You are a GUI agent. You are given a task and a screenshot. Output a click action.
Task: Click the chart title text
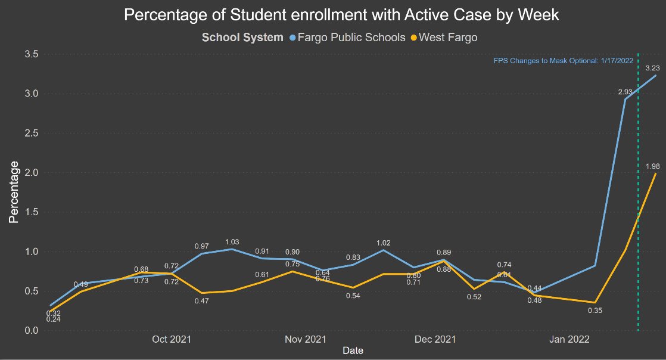[x=341, y=15]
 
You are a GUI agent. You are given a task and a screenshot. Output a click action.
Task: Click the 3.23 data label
[x=652, y=69]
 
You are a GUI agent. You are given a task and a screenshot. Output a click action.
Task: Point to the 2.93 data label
[x=624, y=92]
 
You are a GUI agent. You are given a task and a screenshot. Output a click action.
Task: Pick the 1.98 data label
[x=653, y=166]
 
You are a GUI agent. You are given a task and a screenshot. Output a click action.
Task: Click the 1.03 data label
[x=232, y=242]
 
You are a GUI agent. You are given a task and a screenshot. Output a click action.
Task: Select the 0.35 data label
[x=594, y=310]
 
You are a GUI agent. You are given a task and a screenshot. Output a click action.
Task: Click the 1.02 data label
[x=384, y=243]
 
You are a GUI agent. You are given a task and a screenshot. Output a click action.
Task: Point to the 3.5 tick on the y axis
[x=32, y=54]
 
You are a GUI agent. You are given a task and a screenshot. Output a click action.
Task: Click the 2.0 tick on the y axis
[x=32, y=173]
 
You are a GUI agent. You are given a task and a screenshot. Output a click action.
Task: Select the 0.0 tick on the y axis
[x=32, y=331]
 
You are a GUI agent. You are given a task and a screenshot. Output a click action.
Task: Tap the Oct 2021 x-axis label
[x=172, y=340]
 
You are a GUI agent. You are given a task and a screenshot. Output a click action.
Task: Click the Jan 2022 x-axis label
[x=569, y=340]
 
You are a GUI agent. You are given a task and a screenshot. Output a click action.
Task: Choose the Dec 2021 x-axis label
[x=435, y=340]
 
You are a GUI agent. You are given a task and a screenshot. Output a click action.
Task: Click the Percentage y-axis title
[x=14, y=192]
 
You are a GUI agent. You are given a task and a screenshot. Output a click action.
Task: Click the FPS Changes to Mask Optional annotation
[x=564, y=61]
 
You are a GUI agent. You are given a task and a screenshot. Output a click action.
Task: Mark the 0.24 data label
[x=54, y=319]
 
